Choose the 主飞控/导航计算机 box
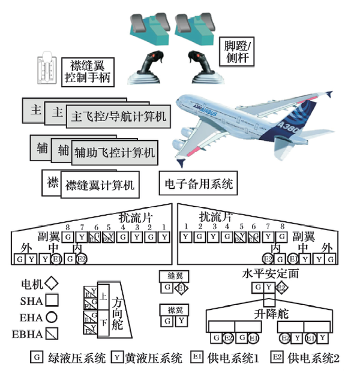(118, 116)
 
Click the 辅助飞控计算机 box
(113, 153)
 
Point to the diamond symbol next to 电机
(53, 281)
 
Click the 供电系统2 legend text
(314, 358)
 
